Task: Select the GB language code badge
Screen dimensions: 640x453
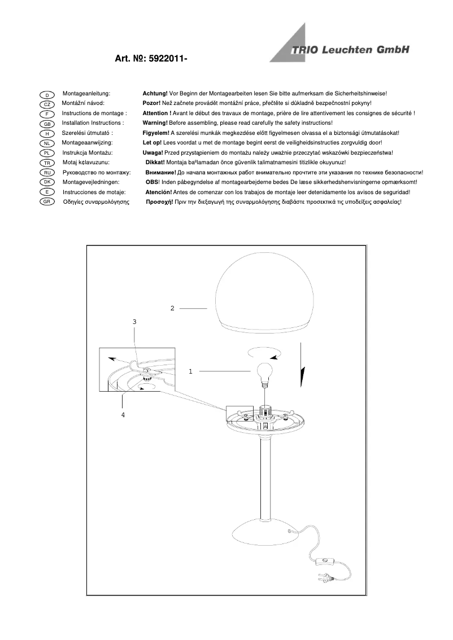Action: (47, 124)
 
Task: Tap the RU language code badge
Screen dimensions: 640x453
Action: (47, 173)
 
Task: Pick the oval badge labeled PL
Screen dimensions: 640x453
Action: (47, 154)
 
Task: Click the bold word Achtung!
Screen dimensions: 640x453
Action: (155, 93)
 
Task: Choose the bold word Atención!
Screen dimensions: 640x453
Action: (159, 192)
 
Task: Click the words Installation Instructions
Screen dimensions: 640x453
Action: (92, 122)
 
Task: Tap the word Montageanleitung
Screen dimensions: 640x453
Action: (86, 93)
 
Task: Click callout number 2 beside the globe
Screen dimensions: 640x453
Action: (172, 308)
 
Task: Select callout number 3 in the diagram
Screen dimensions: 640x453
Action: (134, 321)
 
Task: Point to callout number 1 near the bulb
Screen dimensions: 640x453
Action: (190, 371)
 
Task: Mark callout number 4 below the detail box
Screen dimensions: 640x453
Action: (123, 414)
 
